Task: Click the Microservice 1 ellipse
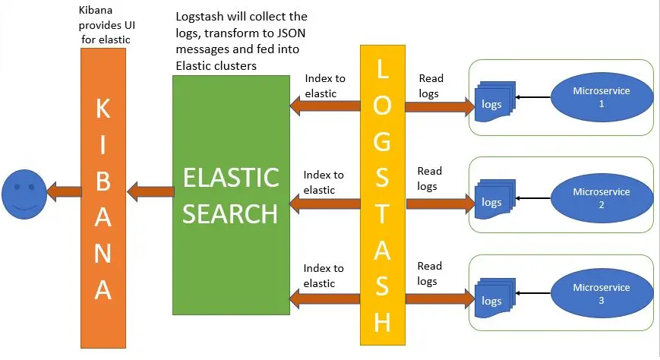click(602, 97)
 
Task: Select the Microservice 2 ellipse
click(602, 198)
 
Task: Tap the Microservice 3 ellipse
click(602, 293)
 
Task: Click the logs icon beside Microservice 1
click(494, 102)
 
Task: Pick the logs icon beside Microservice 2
click(494, 199)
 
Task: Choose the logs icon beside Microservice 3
click(494, 298)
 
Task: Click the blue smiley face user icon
click(24, 194)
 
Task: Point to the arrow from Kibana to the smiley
click(64, 191)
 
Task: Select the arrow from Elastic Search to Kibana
click(150, 191)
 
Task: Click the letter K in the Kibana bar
click(103, 109)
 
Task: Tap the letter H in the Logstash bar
click(382, 323)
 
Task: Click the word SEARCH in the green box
click(230, 214)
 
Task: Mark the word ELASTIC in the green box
click(231, 177)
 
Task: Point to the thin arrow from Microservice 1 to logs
click(533, 97)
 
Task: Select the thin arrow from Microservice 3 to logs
click(533, 293)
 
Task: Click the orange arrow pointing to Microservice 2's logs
click(441, 204)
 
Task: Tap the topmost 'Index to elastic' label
click(325, 86)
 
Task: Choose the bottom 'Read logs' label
click(429, 273)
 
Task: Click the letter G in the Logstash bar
click(382, 141)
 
